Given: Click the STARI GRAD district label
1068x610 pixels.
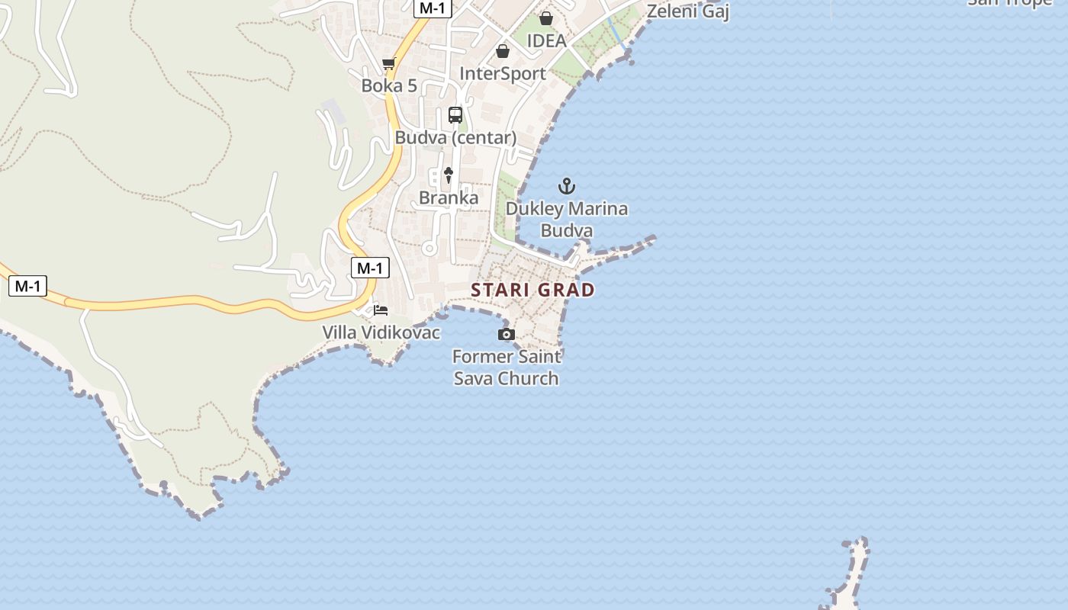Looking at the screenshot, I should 532,290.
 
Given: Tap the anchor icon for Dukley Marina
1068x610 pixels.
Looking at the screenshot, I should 567,185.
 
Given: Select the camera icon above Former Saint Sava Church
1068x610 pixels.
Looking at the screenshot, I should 506,334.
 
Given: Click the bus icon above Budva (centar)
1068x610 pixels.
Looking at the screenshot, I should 455,115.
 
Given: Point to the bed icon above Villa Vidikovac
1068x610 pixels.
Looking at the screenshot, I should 381,310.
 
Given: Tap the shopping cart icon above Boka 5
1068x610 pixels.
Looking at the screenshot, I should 389,63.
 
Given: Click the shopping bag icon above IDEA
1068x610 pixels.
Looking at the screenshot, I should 546,18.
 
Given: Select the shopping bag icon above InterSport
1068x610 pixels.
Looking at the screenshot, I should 503,51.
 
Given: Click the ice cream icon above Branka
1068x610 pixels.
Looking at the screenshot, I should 449,175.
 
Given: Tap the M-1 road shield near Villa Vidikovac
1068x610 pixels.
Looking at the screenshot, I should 370,268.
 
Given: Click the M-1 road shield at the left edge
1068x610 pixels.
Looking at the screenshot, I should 27,286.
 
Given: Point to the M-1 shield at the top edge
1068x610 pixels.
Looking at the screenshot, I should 433,8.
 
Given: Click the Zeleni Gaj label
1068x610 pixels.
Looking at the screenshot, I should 688,11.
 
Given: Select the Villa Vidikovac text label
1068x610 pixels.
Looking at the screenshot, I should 381,332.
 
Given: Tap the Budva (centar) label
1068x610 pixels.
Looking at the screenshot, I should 455,138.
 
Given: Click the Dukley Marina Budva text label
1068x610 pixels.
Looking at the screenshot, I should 567,220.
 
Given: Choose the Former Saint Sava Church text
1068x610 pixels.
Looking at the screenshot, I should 507,368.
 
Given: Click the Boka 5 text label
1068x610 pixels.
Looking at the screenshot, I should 389,85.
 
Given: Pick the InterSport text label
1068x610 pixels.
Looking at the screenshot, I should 503,73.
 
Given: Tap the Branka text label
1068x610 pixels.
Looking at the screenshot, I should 449,198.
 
